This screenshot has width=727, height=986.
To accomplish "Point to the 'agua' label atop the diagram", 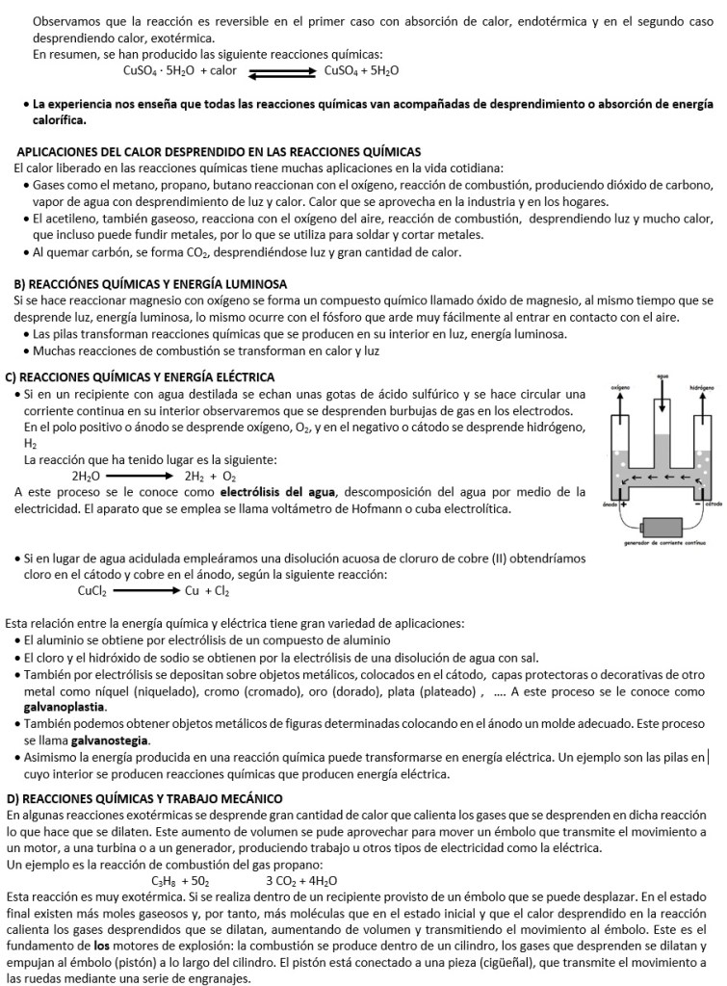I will [662, 376].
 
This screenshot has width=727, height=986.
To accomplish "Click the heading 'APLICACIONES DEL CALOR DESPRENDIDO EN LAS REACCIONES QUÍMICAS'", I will [219, 152].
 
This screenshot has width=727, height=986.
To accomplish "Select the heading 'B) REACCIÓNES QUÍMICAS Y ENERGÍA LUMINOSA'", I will [150, 284].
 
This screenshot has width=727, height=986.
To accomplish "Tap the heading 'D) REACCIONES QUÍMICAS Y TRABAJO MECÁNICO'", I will [144, 798].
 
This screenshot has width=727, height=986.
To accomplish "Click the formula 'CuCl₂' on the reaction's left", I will [92, 591].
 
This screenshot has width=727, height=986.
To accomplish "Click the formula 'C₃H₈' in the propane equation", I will [166, 881].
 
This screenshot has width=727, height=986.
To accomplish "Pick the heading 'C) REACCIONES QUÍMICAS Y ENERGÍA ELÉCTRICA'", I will [141, 376].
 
